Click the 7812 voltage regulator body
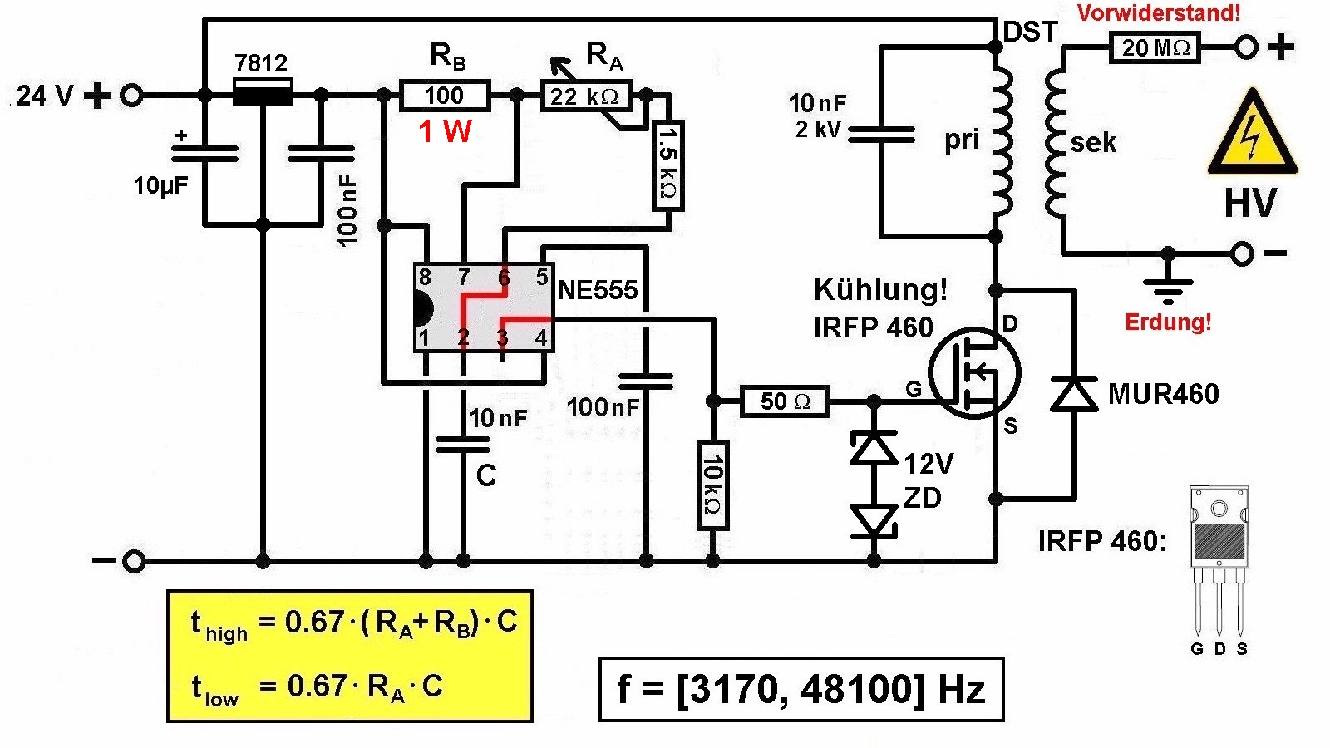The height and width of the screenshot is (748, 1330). click(x=263, y=92)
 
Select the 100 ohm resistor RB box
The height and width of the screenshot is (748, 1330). click(x=445, y=96)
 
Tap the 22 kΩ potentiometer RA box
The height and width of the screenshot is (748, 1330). click(x=585, y=96)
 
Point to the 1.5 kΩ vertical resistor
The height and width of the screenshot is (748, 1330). click(x=667, y=164)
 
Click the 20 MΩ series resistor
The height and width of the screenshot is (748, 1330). click(x=1155, y=47)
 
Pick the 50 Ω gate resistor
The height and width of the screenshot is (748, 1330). click(x=785, y=401)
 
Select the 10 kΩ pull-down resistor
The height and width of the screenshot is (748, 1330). click(x=712, y=485)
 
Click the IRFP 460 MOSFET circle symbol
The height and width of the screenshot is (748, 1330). click(x=974, y=372)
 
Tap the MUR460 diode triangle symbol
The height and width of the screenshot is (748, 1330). click(x=1074, y=394)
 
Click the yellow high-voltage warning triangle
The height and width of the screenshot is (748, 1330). click(x=1251, y=137)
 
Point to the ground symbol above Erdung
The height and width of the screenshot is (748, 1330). click(x=1168, y=287)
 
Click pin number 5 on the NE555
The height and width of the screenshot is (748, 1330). click(x=542, y=277)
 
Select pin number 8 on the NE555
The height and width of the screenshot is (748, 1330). click(x=425, y=277)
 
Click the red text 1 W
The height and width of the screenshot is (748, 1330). click(x=445, y=131)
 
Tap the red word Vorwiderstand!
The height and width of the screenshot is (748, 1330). click(x=1159, y=13)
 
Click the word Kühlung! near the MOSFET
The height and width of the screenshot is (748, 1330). click(x=879, y=289)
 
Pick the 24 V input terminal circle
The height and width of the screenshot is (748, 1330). click(x=131, y=96)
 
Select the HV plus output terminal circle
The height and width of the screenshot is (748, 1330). click(x=1245, y=47)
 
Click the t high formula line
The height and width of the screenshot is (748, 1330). click(x=353, y=623)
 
